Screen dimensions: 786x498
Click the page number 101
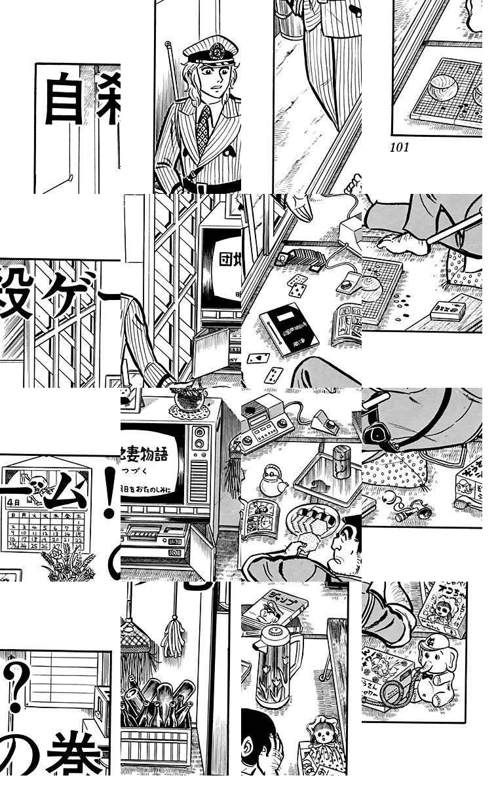399,147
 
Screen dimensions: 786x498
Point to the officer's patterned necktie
204,128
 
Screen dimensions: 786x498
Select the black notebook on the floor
288,330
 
